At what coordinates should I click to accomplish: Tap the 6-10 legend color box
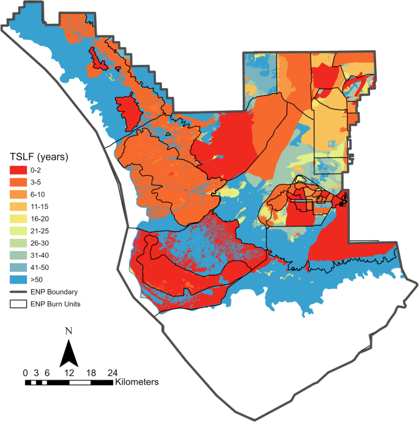click(19, 193)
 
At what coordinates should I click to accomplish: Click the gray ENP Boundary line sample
click(19, 292)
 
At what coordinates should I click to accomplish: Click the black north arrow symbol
click(69, 355)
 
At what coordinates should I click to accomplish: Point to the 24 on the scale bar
click(113, 372)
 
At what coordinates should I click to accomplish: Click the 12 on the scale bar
click(69, 372)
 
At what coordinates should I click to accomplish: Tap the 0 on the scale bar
click(25, 372)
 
